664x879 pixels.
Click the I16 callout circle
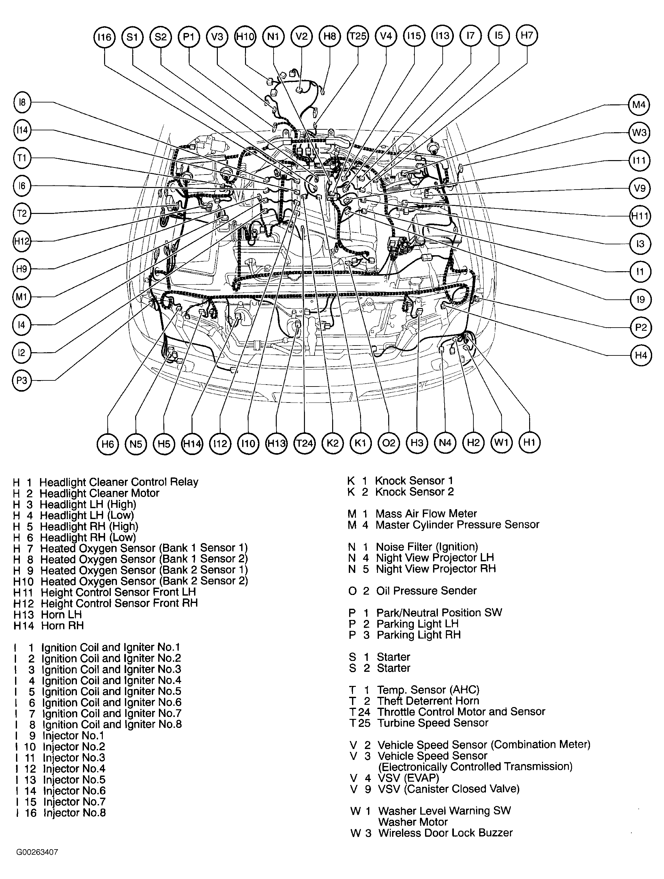pos(104,37)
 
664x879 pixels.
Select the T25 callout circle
pos(358,37)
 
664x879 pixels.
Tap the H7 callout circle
pos(527,35)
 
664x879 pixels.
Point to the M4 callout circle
pos(639,105)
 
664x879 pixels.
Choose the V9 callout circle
pos(639,188)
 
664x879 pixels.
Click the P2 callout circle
pos(641,328)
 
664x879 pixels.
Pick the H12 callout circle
pos(22,241)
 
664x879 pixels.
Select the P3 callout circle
pos(22,380)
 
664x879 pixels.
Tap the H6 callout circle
pos(108,443)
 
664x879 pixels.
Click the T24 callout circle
pos(304,443)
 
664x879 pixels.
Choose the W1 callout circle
pos(501,442)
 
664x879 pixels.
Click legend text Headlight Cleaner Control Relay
pos(119,482)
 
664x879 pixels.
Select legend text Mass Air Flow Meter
pos(426,514)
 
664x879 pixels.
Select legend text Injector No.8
pos(74,813)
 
